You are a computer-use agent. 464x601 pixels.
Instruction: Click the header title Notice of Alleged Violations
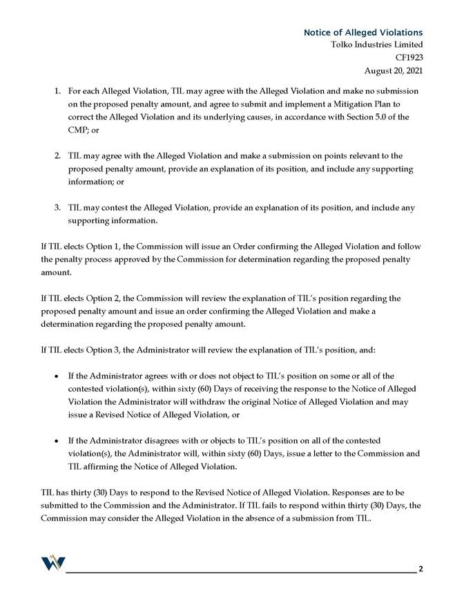pyautogui.click(x=362, y=32)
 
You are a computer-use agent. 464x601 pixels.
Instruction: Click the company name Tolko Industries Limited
pyautogui.click(x=376, y=45)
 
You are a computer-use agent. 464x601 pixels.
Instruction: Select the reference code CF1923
pyautogui.click(x=408, y=57)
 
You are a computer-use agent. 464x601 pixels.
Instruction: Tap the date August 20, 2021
pyautogui.click(x=393, y=70)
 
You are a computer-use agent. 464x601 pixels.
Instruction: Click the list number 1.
pyautogui.click(x=57, y=91)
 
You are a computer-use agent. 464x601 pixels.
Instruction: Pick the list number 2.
pyautogui.click(x=57, y=156)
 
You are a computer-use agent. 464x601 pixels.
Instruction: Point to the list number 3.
pyautogui.click(x=57, y=208)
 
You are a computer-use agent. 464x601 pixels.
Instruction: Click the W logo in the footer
pyautogui.click(x=52, y=564)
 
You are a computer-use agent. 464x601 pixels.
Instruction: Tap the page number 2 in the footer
pyautogui.click(x=420, y=569)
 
